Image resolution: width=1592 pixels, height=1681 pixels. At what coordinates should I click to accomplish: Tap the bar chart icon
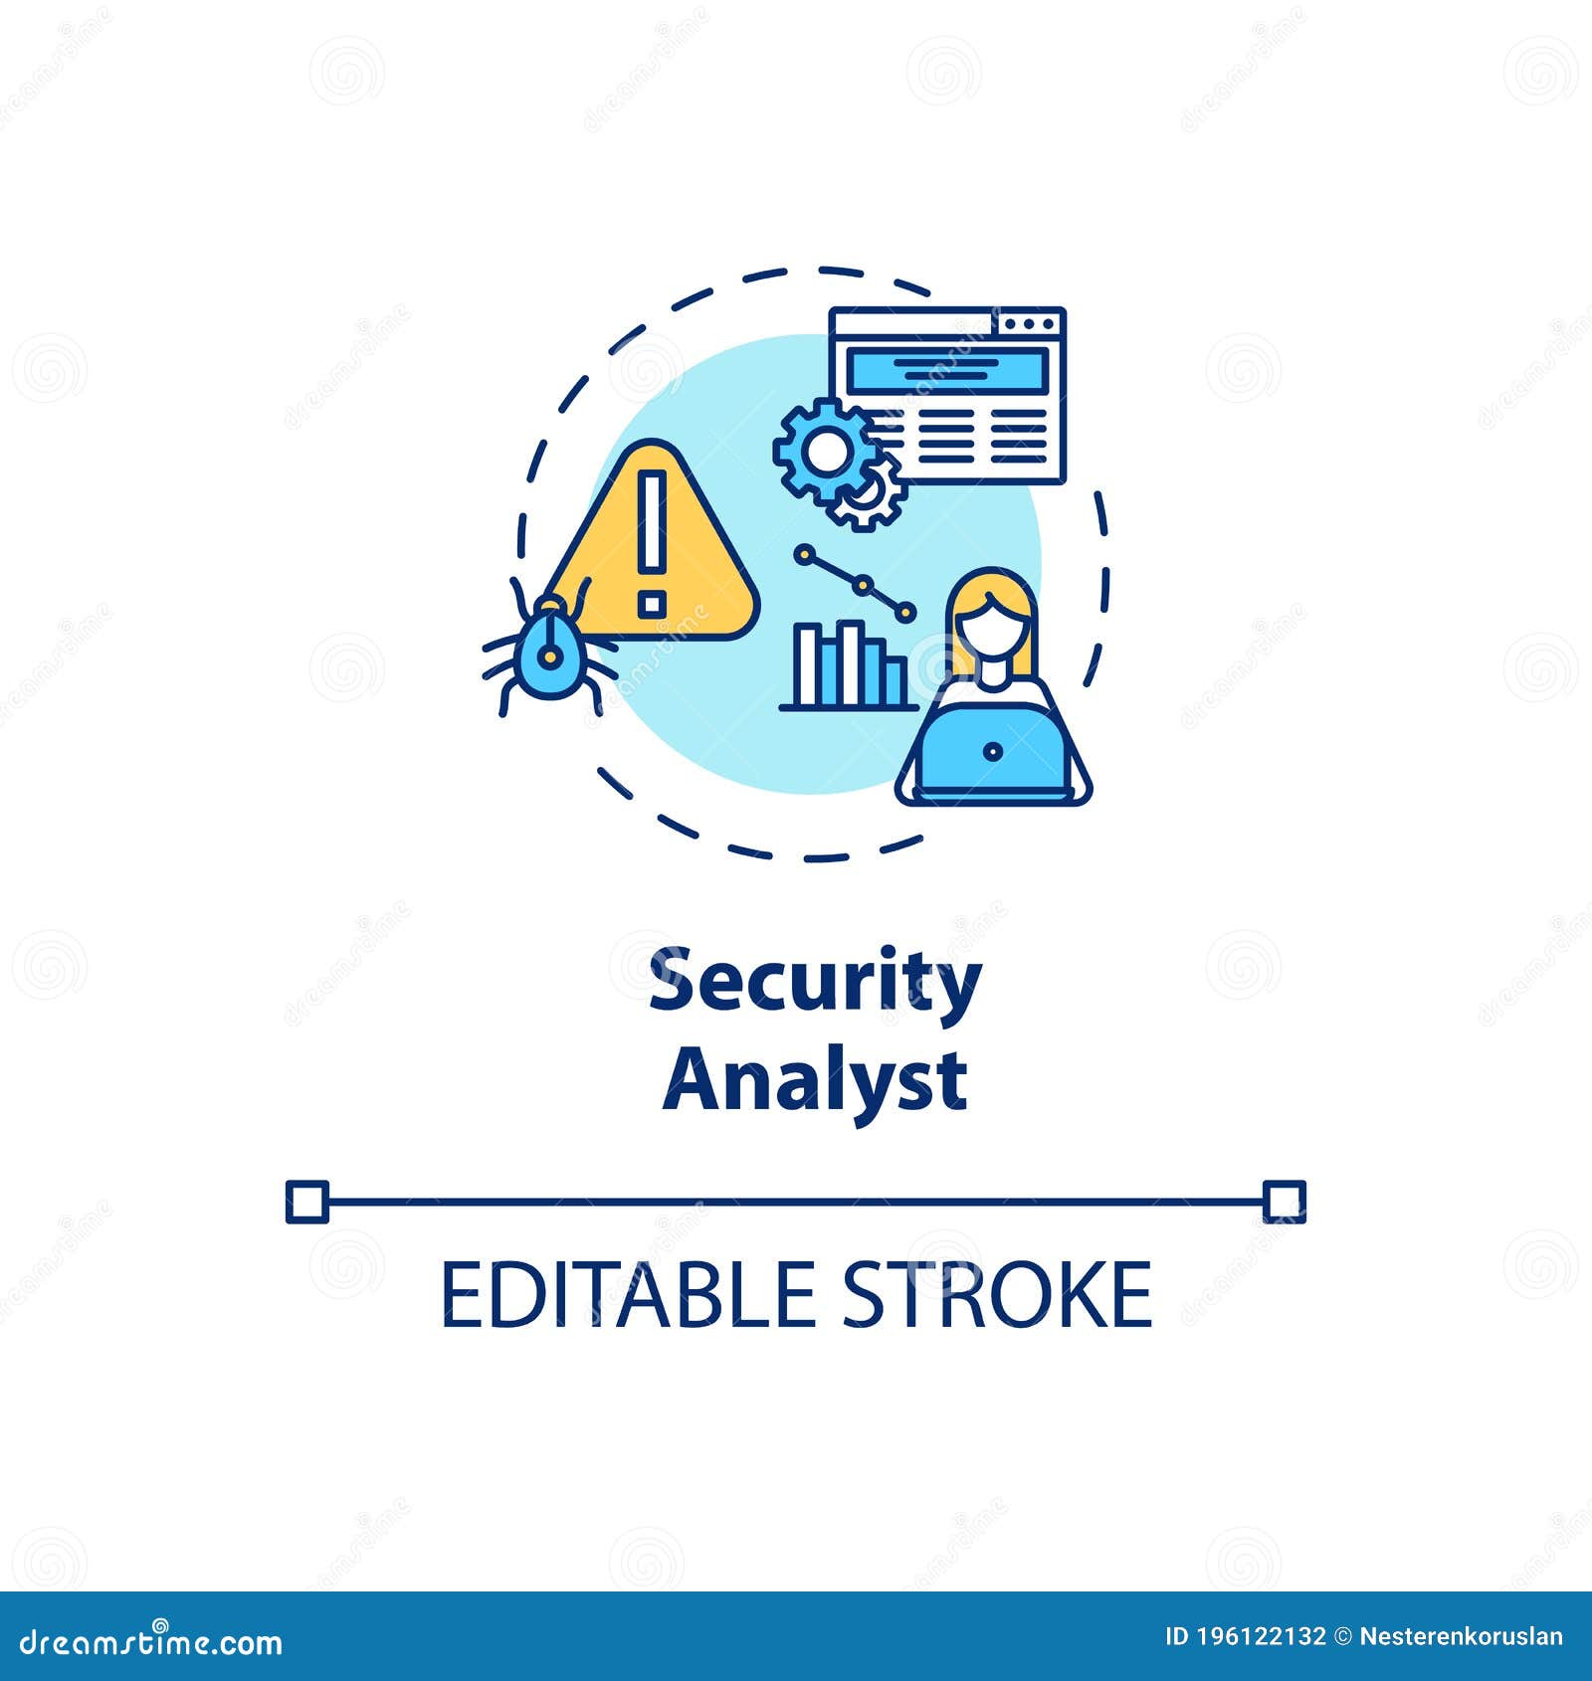coord(848,666)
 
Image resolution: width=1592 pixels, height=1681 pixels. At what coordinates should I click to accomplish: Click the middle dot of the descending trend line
coord(863,584)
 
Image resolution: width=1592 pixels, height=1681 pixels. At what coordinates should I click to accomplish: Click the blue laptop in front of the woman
coord(992,751)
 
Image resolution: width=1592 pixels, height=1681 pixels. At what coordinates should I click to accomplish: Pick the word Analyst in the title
coord(815,1081)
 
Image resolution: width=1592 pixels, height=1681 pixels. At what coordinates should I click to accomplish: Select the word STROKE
coord(997,1294)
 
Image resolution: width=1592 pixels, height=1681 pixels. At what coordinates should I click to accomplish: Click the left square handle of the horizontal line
coord(306,1202)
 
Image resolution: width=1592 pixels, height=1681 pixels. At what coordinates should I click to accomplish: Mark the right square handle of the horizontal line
coord(1284,1202)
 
